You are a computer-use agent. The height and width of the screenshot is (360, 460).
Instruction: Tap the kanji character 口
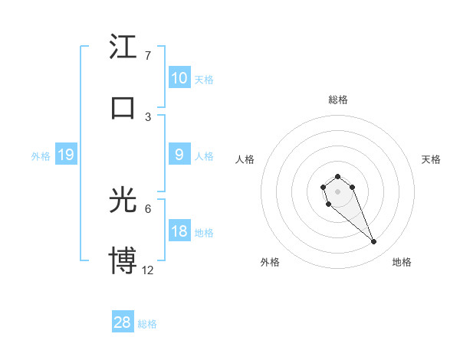[123, 107]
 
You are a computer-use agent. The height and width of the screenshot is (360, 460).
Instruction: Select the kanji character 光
[123, 201]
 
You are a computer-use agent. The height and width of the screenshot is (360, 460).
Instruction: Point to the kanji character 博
[123, 260]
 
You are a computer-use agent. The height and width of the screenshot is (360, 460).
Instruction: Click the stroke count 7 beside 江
[148, 56]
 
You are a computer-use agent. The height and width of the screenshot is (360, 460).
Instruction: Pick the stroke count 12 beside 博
[148, 270]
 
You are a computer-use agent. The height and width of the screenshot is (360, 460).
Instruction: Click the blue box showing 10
[179, 78]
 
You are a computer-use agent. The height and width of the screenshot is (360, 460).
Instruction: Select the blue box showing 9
[179, 155]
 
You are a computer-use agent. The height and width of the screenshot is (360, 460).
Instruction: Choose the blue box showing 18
[179, 231]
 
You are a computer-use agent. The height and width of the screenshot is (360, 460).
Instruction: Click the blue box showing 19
[65, 155]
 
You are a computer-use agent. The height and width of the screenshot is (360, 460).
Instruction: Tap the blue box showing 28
[123, 322]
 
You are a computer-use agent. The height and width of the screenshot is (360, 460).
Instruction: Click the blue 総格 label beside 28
[147, 324]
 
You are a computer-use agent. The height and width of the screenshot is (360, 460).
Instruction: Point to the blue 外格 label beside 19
[41, 156]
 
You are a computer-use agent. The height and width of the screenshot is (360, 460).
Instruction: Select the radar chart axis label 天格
[432, 159]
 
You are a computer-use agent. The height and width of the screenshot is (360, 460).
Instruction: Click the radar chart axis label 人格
[245, 159]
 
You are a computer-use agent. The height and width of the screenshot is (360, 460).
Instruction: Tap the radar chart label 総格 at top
[337, 100]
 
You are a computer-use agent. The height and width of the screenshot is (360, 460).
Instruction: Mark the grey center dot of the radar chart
[337, 191]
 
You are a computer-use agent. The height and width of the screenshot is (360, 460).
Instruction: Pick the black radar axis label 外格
[270, 262]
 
